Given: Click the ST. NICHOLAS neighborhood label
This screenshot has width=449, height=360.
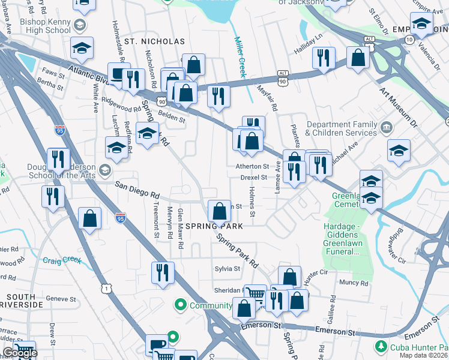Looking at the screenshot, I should coord(154,41).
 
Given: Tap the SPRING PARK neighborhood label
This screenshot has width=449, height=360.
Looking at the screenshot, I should coord(214,226).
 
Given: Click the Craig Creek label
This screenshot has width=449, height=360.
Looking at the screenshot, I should coord(62,260).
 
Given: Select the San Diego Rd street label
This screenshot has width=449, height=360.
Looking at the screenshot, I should coord(137,190).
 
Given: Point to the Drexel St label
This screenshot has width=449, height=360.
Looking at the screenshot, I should coord(254,178).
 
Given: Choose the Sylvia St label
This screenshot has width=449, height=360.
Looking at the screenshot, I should coord(228,269).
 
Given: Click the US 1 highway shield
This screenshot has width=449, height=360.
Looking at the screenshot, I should coord(107,289).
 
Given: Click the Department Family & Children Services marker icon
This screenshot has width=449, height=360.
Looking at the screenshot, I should coord(386,127).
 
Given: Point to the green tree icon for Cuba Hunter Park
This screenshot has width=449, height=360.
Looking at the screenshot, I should coord(380,347).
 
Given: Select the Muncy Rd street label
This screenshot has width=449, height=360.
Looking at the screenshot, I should coord(354,283).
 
